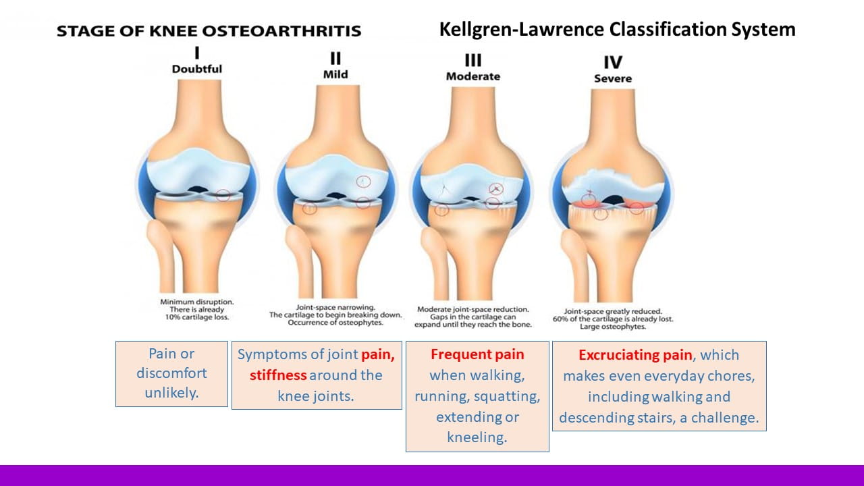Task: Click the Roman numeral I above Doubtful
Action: pos(197,53)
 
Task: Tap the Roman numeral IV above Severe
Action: pos(613,62)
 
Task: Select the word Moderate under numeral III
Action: pos(473,76)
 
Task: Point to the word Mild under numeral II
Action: pos(335,74)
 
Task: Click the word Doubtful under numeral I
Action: pos(196,69)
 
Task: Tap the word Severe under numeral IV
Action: pos(613,79)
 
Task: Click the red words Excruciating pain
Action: pos(635,355)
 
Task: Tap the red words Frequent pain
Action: pos(477,354)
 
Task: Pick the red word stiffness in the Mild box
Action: pos(278,375)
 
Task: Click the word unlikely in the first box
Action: pos(171,393)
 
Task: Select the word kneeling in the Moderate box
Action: pos(477,437)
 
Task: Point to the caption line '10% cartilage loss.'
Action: pos(197,317)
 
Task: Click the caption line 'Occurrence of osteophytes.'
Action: pos(335,323)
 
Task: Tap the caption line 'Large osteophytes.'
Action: pos(613,327)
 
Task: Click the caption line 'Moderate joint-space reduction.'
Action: pos(473,309)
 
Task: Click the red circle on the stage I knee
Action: pos(223,195)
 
